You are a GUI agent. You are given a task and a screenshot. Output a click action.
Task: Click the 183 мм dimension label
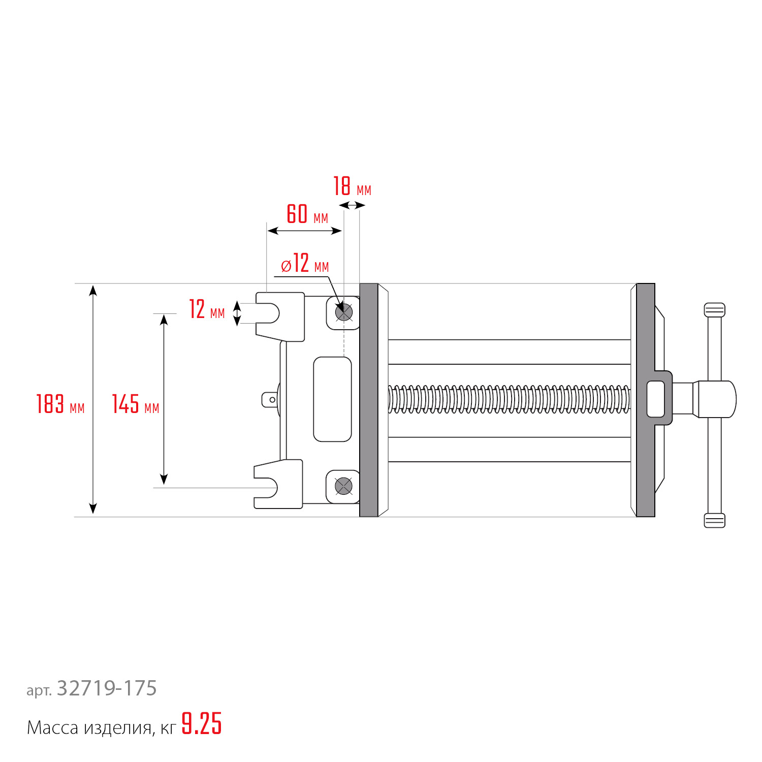click(60, 404)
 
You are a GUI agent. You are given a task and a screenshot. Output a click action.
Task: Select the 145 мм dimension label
click(135, 404)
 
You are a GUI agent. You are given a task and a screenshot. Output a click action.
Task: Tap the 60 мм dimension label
click(307, 214)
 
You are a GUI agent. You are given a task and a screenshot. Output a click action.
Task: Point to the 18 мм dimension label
click(352, 186)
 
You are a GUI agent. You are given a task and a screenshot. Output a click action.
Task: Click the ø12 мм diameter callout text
click(305, 264)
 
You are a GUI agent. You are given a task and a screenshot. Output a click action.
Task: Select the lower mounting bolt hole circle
click(344, 486)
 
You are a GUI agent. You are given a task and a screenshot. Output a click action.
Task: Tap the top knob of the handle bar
click(714, 310)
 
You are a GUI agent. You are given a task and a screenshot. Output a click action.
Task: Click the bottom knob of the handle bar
click(714, 520)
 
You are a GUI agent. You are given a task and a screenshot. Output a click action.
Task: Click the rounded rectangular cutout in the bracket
click(332, 399)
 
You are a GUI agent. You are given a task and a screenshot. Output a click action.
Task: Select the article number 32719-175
click(107, 688)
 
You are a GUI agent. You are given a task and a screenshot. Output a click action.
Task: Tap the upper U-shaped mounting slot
click(268, 313)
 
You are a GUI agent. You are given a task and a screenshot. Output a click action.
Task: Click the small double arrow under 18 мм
click(352, 205)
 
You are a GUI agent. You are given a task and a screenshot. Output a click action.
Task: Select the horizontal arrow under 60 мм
click(304, 231)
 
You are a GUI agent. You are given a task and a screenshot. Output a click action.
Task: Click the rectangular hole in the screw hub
click(656, 399)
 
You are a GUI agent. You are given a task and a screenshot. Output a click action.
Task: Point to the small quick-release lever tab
click(270, 400)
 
